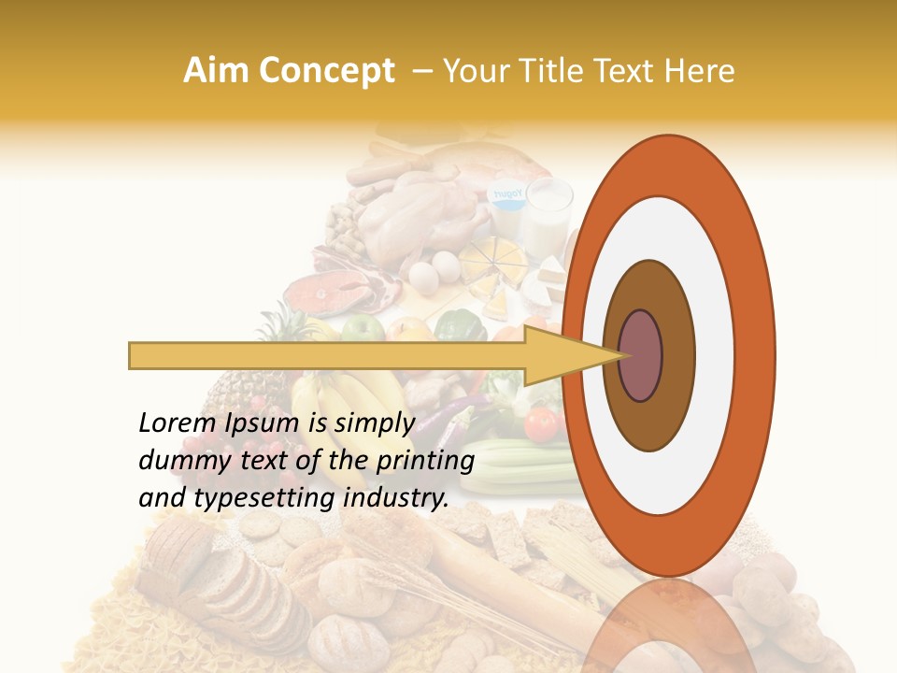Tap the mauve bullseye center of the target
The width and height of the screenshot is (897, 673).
(641, 355)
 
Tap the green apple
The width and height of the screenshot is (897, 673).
(363, 328)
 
